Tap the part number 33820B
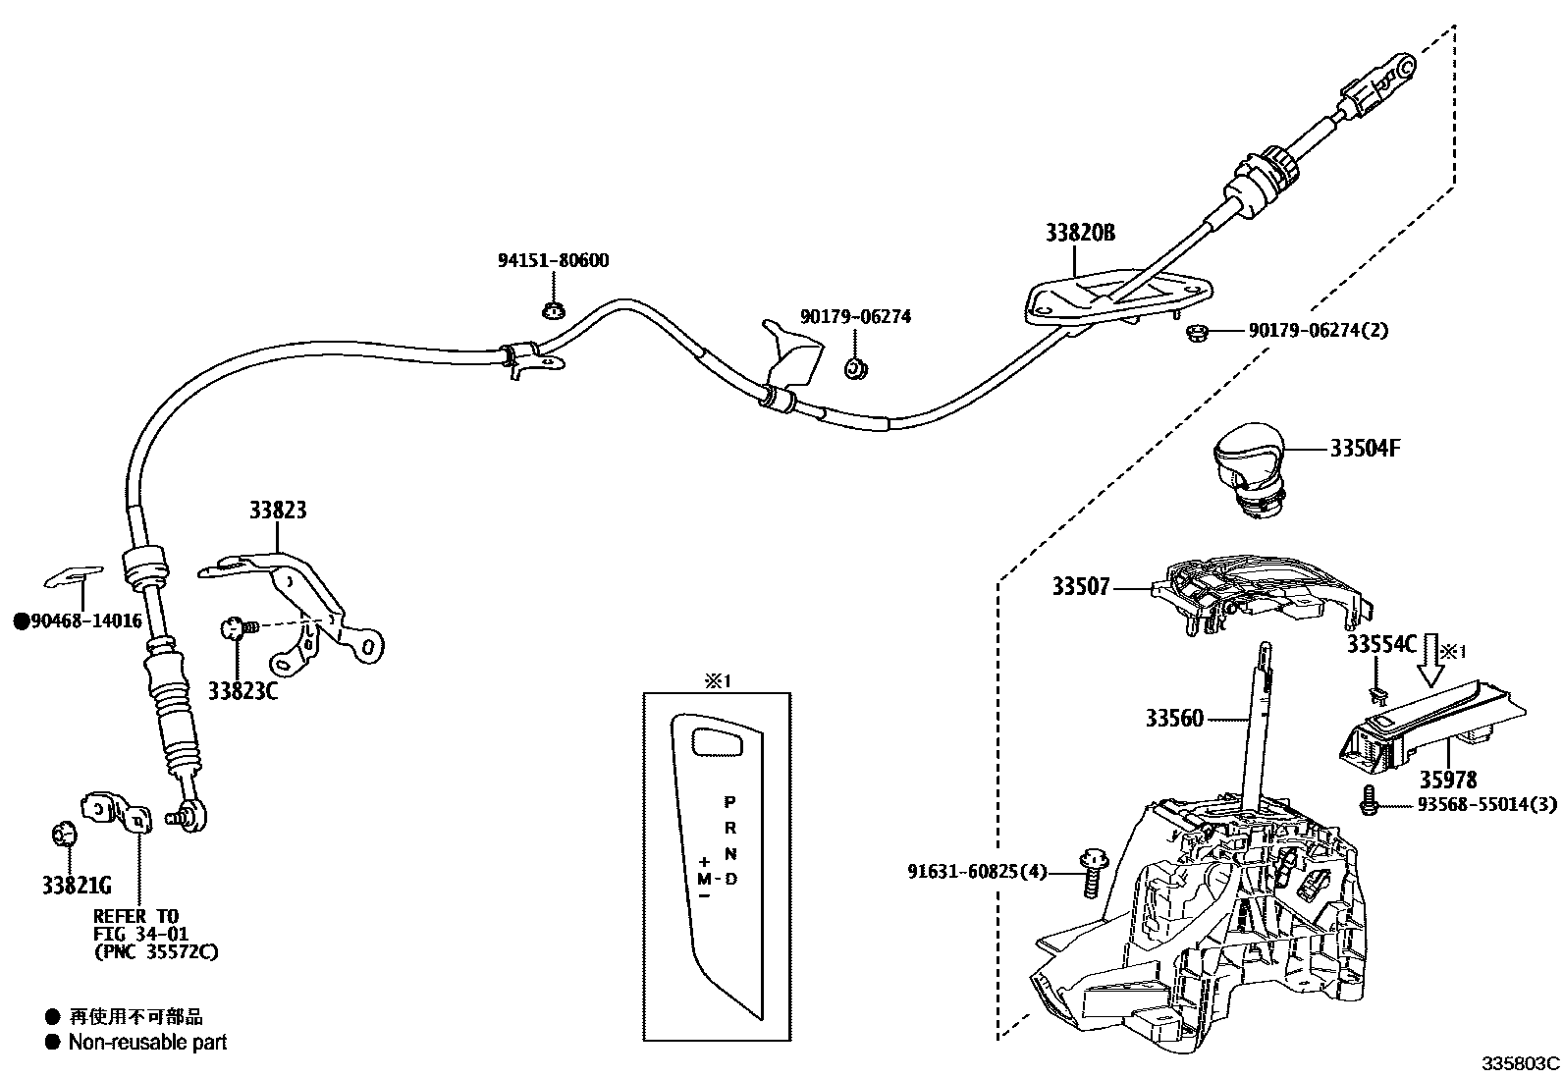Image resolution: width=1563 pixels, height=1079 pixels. click(1079, 233)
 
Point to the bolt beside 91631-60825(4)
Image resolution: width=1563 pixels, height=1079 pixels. click(1089, 870)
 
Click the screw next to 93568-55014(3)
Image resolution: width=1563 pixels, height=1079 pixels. click(1367, 802)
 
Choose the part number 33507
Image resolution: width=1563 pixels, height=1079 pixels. click(1081, 586)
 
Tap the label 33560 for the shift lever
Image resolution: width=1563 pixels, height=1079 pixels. click(1173, 718)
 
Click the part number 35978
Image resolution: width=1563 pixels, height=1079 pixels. click(1447, 780)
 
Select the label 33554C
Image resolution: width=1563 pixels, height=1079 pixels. click(1381, 644)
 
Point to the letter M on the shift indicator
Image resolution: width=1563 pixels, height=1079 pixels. click(705, 877)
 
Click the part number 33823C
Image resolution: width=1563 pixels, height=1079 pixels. click(243, 690)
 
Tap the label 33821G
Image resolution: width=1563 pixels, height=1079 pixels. click(77, 886)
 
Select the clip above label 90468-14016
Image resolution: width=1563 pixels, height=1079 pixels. click(76, 574)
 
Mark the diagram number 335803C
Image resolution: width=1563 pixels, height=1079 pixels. click(1520, 1063)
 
